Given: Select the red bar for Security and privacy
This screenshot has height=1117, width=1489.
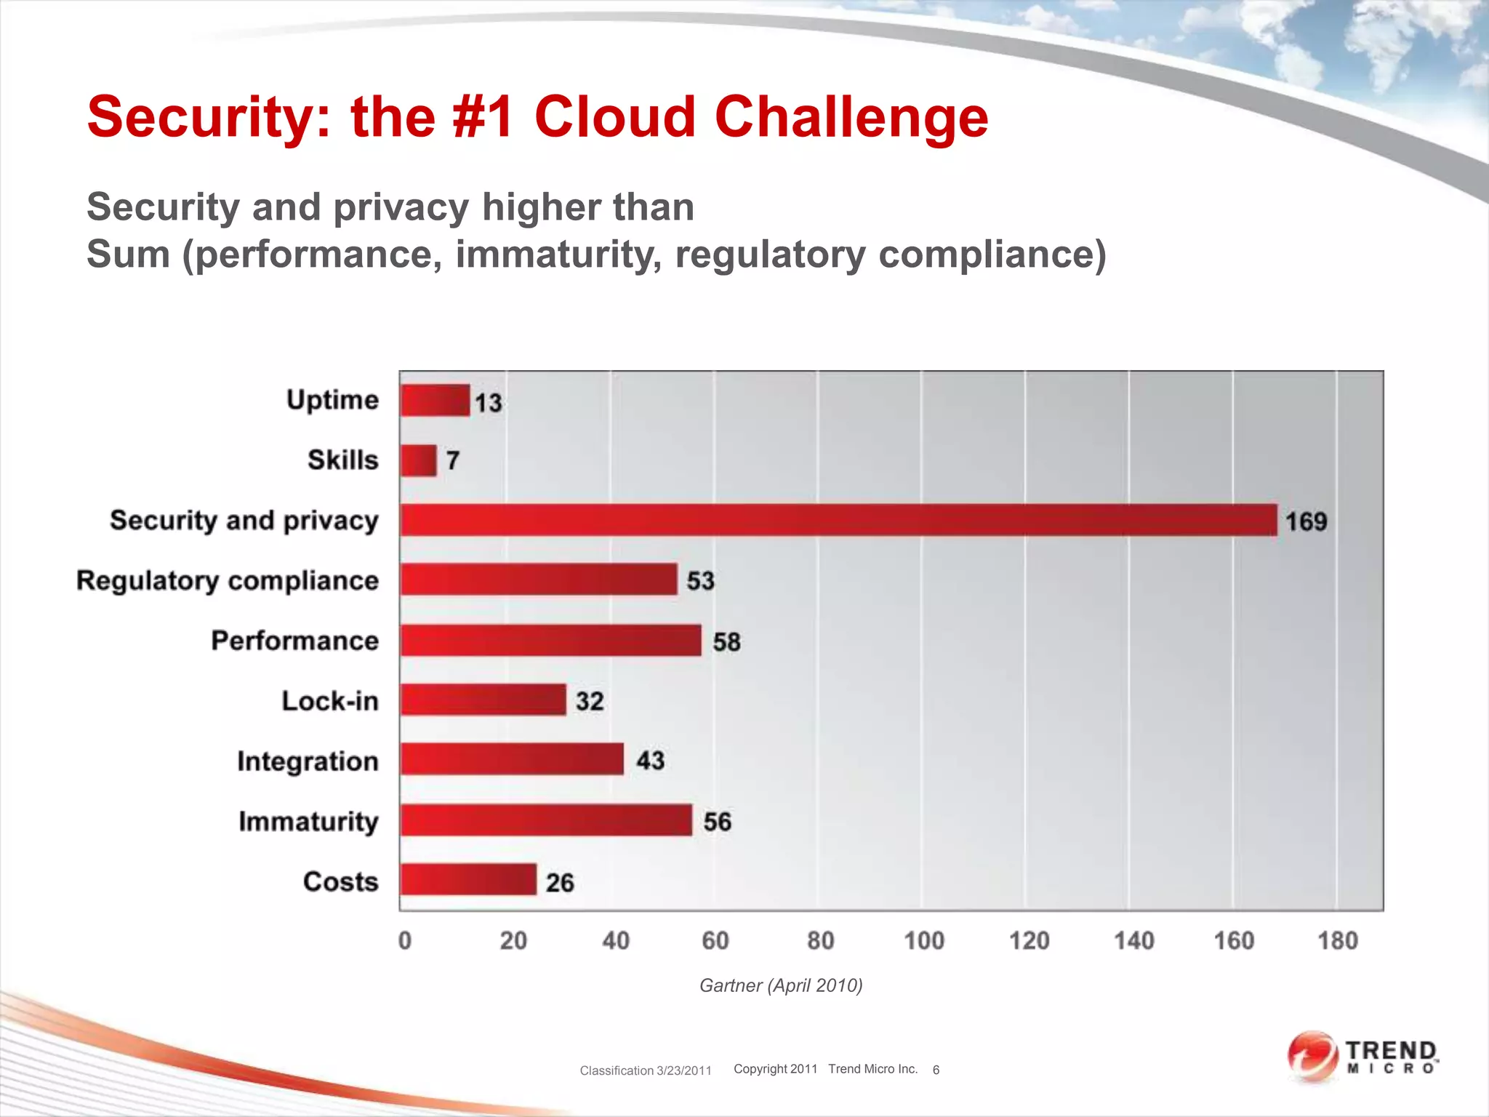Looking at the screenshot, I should (838, 520).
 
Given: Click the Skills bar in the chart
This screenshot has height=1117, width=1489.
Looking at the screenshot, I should (419, 460).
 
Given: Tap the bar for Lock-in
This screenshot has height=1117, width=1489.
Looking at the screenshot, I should (483, 700).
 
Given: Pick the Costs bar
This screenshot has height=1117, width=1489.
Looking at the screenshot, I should (468, 880).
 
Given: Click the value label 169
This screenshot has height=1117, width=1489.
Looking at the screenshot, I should (1306, 521).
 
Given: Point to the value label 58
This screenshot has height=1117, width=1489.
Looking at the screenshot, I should (726, 642).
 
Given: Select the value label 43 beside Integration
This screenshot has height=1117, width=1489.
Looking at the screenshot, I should (650, 761).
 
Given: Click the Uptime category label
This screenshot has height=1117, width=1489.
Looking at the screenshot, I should (332, 400).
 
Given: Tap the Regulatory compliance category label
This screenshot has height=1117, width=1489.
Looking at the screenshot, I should (228, 580).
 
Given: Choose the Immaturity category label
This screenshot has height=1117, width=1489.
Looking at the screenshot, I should (308, 821).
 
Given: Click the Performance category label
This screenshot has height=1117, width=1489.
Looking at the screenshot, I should (294, 641).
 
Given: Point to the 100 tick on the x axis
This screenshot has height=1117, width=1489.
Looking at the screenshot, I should (923, 941).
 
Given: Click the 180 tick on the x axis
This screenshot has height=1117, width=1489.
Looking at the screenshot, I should (1338, 941).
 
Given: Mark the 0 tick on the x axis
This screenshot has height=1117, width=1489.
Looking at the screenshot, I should (405, 941).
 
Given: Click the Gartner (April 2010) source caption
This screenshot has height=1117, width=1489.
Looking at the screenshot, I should (781, 985).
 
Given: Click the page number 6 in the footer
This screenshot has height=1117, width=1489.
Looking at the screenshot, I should (936, 1070).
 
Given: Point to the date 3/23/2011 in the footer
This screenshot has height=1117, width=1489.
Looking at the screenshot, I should (683, 1070).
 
